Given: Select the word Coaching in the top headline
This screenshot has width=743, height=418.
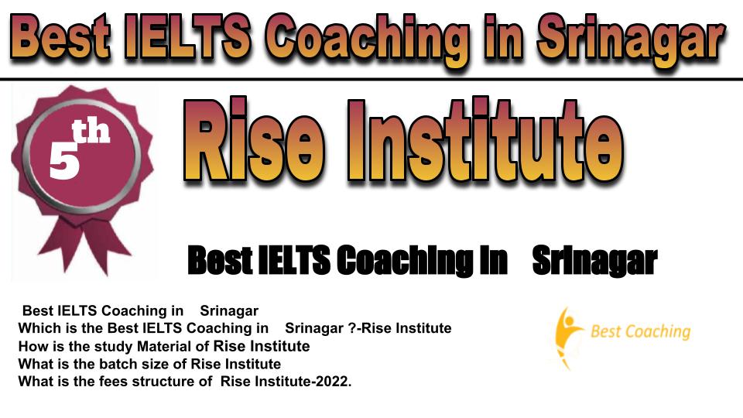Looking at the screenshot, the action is click(367, 41).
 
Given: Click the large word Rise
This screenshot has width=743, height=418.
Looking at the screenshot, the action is click(255, 140).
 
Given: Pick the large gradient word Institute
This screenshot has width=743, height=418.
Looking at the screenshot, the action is click(485, 140).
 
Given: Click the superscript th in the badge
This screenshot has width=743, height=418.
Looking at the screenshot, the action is click(91, 132).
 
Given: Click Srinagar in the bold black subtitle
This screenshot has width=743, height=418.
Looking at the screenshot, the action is click(594, 260).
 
